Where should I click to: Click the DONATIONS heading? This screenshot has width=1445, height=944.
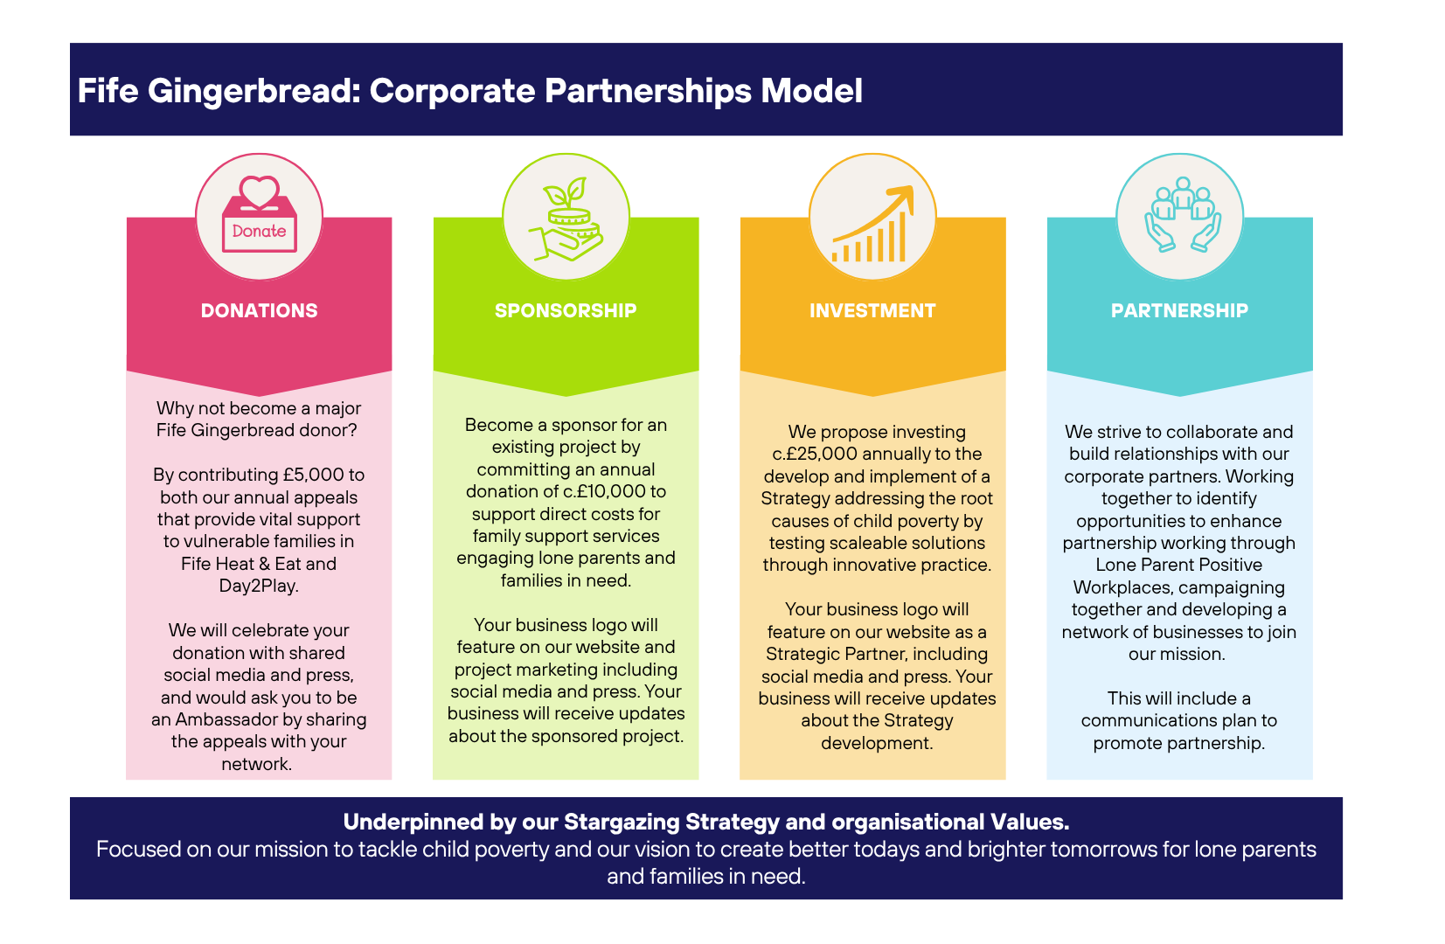[x=259, y=310]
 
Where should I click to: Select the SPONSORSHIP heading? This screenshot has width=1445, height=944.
[x=566, y=310]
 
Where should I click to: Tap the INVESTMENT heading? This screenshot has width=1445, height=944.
[x=872, y=310]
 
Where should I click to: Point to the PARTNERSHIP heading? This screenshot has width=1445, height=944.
[x=1179, y=310]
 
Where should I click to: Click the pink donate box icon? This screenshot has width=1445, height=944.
[x=260, y=217]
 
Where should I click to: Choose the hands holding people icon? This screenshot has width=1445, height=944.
[x=1182, y=216]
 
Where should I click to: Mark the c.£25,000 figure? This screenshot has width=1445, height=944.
[x=815, y=454]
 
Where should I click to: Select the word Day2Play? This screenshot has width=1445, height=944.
[x=259, y=586]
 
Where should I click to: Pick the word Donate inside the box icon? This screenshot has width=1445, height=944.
[x=260, y=232]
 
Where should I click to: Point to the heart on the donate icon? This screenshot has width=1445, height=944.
[x=260, y=191]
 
